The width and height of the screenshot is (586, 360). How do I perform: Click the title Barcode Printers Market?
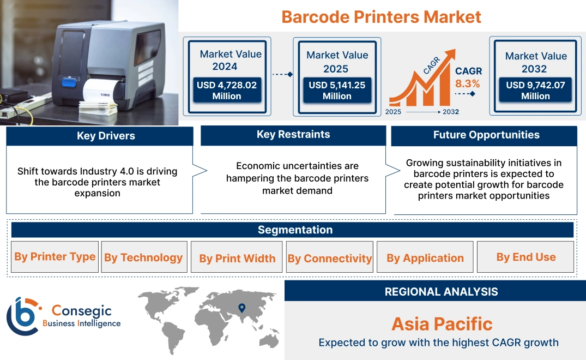click(x=381, y=16)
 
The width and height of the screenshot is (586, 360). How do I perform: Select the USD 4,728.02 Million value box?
click(x=226, y=91)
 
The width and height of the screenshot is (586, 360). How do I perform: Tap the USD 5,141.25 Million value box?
click(x=337, y=91)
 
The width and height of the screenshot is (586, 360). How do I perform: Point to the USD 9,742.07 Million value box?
click(x=535, y=91)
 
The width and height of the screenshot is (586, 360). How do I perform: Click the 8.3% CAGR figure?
click(x=468, y=83)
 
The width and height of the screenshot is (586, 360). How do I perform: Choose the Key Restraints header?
click(x=293, y=135)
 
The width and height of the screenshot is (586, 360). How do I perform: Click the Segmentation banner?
click(x=295, y=230)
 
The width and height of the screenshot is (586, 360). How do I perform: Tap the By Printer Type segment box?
click(x=55, y=257)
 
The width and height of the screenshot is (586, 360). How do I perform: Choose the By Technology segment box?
click(x=143, y=257)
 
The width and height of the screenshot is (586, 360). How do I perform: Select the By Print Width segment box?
click(x=237, y=258)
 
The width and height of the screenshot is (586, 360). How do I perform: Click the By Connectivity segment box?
click(x=330, y=258)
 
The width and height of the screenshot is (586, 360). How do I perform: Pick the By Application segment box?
click(x=425, y=258)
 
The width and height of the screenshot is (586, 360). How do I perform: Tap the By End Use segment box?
click(x=525, y=257)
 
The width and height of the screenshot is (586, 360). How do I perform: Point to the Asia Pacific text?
click(x=442, y=324)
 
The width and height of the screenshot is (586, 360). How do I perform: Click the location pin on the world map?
click(x=241, y=308)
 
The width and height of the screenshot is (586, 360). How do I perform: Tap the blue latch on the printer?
click(x=68, y=83)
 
